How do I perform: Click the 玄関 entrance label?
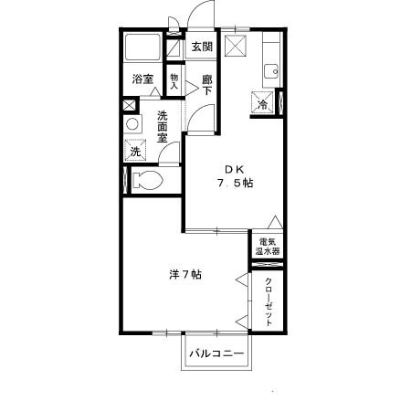click(202, 47)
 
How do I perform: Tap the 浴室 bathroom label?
click(142, 79)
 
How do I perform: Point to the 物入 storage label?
click(174, 80)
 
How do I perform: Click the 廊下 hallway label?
click(207, 84)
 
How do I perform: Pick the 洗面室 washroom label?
click(163, 127)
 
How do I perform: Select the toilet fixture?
click(147, 180)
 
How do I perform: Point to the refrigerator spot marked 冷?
click(264, 104)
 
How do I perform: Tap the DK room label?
click(235, 167)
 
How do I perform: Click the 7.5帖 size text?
click(235, 183)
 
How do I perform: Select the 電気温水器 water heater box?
click(267, 245)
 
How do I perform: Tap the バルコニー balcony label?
click(216, 353)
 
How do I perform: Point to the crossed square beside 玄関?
click(237, 47)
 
